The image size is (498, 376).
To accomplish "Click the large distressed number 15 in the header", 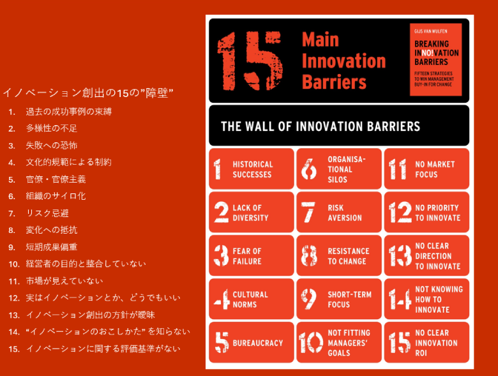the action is tap(250, 61).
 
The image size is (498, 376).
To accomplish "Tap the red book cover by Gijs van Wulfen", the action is tap(435, 59).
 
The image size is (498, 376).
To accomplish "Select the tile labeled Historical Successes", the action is tap(252, 169).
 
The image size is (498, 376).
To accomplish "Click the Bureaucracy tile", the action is tap(252, 342).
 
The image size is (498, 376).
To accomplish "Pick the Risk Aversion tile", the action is tap(339, 212).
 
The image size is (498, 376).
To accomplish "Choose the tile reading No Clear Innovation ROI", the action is tap(426, 342).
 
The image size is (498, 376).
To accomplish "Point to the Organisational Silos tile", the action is tap(339, 169).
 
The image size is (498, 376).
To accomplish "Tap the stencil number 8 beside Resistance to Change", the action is tap(309, 255).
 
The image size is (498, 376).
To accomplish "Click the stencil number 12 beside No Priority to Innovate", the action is tap(400, 212).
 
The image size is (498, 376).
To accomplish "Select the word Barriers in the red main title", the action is tap(334, 82).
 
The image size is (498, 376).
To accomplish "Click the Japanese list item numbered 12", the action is tap(94, 298).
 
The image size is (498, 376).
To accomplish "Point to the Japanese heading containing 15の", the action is tap(88, 93).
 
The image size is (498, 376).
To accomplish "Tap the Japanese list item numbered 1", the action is tap(60, 112).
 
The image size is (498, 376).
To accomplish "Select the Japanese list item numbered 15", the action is tap(94, 349).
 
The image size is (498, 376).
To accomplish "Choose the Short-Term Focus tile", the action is tap(339, 299).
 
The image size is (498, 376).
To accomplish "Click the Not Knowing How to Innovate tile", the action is tap(426, 299).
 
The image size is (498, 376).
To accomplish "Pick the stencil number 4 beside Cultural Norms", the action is tap(222, 299).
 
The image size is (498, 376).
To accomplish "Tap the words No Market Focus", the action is tap(435, 169).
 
